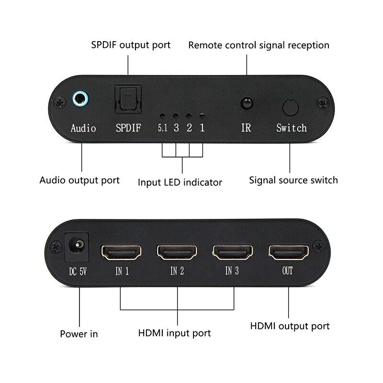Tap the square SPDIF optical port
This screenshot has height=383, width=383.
[x=127, y=100]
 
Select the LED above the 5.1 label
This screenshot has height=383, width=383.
[x=163, y=116]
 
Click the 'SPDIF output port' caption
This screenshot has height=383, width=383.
[x=131, y=45]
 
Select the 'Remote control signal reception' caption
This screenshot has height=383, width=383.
[x=259, y=45]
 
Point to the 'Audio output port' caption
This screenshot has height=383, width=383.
[x=79, y=180]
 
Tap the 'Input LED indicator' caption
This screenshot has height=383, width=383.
[x=180, y=182]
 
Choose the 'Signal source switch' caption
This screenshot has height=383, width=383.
[x=293, y=180]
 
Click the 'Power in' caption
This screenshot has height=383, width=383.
[x=79, y=334]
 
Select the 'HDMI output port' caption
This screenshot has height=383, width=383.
[x=290, y=326]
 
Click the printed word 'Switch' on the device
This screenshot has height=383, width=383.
[x=291, y=128]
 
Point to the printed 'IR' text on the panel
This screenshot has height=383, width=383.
[x=246, y=128]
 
